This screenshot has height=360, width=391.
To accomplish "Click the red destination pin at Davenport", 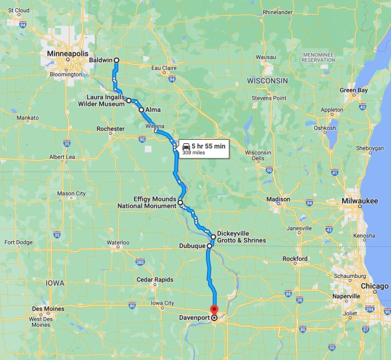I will [x=214, y=310].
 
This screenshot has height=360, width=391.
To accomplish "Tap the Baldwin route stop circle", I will [x=116, y=60].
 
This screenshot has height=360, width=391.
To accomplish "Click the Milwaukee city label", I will [x=360, y=201].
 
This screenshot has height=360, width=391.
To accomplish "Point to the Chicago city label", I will [x=374, y=286].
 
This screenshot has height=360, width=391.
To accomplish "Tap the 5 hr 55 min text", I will [x=208, y=146].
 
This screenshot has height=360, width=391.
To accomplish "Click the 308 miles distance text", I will [x=194, y=154].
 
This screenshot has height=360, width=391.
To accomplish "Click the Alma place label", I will [x=153, y=110].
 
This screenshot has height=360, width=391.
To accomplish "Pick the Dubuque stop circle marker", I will [x=209, y=246].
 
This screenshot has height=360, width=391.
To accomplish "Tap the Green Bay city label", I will [x=354, y=90].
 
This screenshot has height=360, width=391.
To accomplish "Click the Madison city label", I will [x=278, y=199].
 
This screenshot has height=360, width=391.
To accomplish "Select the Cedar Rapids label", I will [x=154, y=280].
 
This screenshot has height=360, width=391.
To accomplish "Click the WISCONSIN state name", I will [x=267, y=79].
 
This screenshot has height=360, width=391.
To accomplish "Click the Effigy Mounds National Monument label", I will [x=147, y=202].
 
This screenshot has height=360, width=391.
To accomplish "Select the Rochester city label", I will [x=111, y=129].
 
